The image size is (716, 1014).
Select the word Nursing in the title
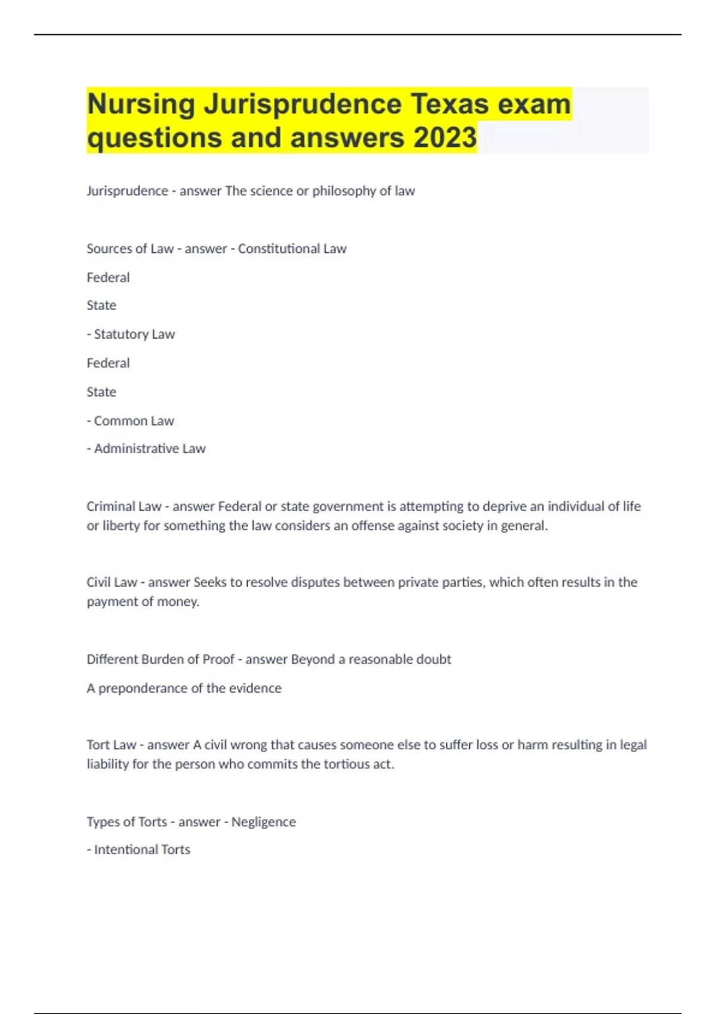[x=141, y=104]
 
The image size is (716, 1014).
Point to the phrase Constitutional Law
[x=292, y=249]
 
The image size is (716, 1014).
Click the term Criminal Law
[x=124, y=506]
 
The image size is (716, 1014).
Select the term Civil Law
[x=112, y=582]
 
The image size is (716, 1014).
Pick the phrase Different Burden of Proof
[x=160, y=660]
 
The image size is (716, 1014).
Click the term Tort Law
[x=111, y=745]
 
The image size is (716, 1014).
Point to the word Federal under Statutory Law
[x=108, y=363]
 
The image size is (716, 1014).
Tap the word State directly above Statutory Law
[x=101, y=305]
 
